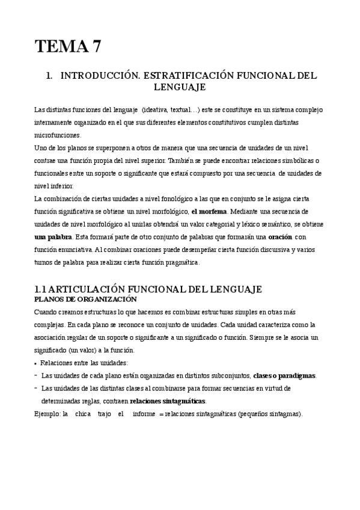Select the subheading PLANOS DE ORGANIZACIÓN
pos(85,300)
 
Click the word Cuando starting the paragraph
pos(46,312)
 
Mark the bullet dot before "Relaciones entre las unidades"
pos(36,363)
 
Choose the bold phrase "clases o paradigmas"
pos(284,375)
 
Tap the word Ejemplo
pos(47,414)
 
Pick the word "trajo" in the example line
pos(104,414)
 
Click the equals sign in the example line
pos(160,414)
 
